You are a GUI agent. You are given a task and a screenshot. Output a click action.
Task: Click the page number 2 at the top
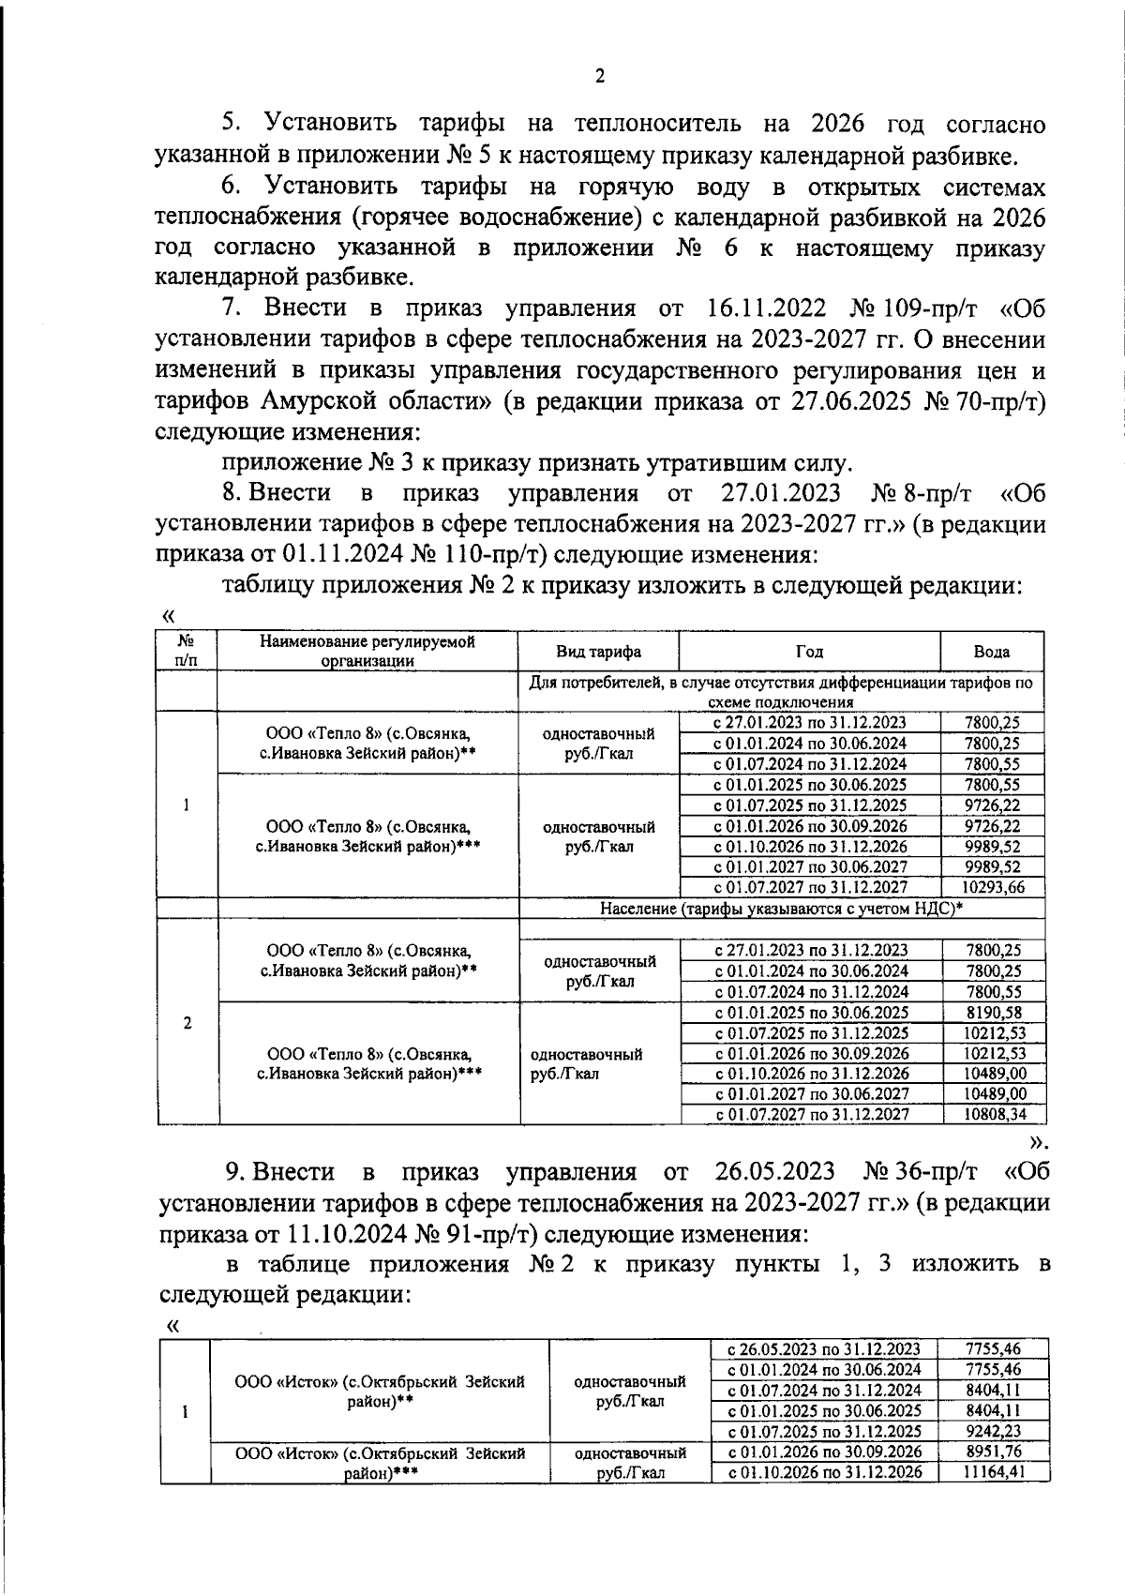(x=600, y=78)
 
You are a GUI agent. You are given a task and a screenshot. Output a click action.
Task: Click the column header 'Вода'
(x=991, y=652)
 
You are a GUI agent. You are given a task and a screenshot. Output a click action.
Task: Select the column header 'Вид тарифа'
(x=598, y=652)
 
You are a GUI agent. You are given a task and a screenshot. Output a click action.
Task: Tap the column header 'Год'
(x=809, y=652)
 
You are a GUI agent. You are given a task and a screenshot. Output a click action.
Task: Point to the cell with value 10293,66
(x=992, y=888)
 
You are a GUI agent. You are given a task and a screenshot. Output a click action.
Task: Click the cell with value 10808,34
(x=994, y=1115)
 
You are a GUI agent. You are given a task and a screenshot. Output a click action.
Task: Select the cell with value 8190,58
(x=994, y=1013)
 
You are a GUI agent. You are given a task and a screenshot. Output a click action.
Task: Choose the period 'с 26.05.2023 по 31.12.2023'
(x=824, y=1350)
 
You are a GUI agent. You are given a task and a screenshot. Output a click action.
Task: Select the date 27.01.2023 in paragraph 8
(x=782, y=493)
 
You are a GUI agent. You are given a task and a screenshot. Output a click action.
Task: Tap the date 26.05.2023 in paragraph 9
(x=774, y=1172)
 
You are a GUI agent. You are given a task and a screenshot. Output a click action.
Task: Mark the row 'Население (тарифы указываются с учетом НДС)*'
(x=782, y=909)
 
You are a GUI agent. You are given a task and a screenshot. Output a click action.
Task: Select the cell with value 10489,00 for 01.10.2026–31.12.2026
(x=994, y=1074)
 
